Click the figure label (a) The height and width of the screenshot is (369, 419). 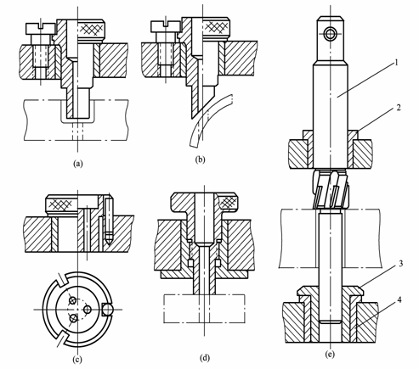click(77, 164)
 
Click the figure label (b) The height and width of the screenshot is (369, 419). click(200, 159)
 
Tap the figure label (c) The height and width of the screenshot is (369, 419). click(77, 359)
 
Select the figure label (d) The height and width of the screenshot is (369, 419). click(205, 358)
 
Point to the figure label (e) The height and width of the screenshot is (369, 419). click(330, 354)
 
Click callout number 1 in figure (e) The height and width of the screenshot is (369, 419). click(397, 63)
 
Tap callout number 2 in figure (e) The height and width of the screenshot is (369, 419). click(399, 108)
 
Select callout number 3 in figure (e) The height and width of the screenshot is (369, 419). click(400, 264)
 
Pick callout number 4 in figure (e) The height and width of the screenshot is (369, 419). click(399, 299)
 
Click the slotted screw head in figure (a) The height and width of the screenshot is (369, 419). click(41, 29)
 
